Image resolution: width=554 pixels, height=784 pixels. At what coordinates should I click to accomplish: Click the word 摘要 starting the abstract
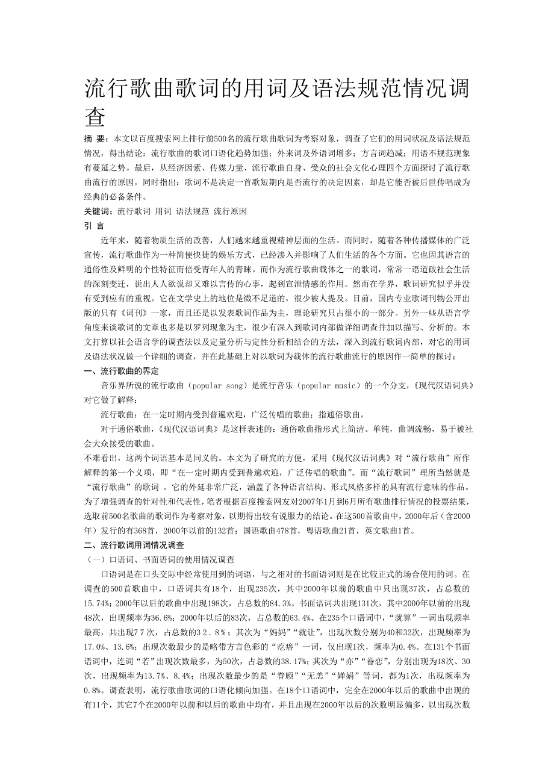(96, 138)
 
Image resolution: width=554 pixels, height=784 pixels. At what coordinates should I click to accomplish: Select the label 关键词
(98, 211)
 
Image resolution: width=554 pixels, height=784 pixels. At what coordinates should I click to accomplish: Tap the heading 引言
(94, 226)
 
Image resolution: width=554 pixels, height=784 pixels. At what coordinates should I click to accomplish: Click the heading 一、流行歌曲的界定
(121, 371)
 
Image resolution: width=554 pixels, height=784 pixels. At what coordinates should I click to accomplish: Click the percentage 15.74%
(97, 603)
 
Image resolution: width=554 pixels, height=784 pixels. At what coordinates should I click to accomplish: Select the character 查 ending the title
(95, 117)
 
